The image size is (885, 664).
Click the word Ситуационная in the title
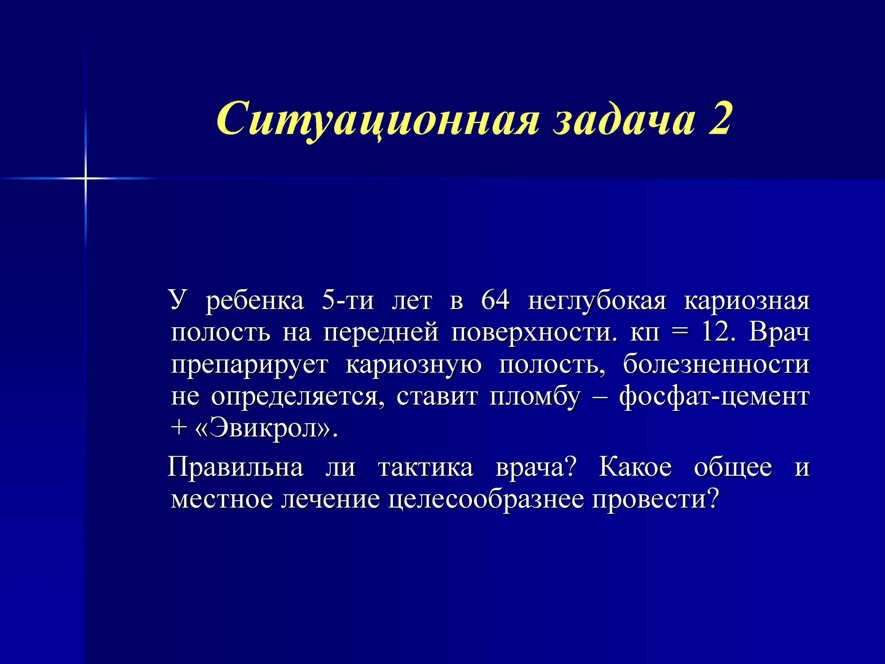point(377,120)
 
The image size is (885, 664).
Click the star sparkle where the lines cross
point(85,177)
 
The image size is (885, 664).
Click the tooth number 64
point(495,300)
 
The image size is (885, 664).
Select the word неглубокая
point(597,301)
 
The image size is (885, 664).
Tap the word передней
point(381,333)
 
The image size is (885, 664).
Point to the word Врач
point(779,332)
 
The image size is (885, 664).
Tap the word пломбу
point(535,397)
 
